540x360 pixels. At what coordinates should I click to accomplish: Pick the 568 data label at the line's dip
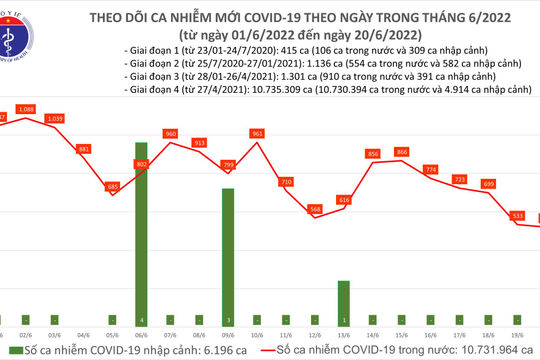315,209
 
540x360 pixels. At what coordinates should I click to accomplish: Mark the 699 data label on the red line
489,184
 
